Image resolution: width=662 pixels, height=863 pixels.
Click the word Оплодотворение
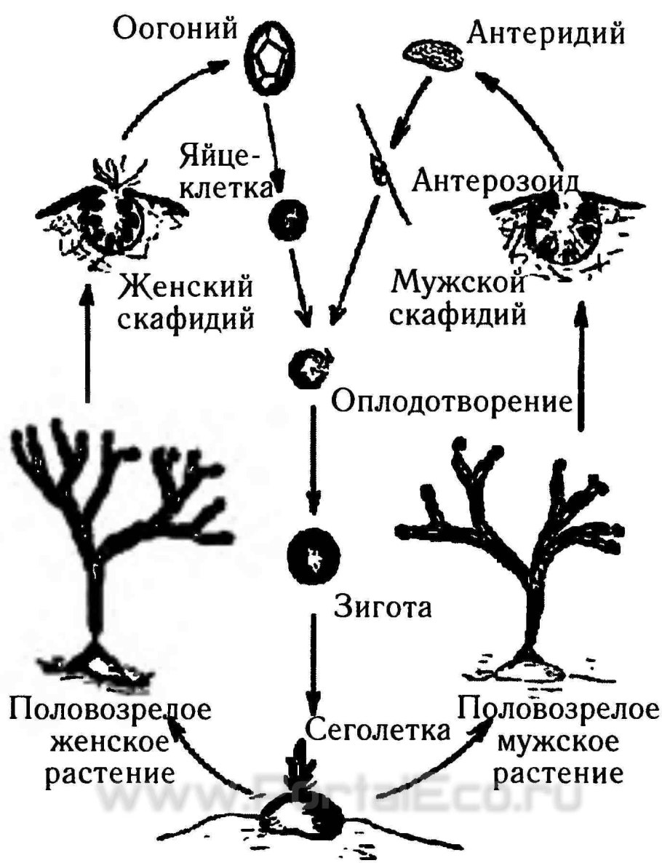[449, 401]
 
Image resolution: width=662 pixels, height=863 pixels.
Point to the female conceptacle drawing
[113, 218]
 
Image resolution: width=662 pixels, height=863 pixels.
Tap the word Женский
[186, 286]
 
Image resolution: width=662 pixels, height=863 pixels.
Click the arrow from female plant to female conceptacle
[87, 342]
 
